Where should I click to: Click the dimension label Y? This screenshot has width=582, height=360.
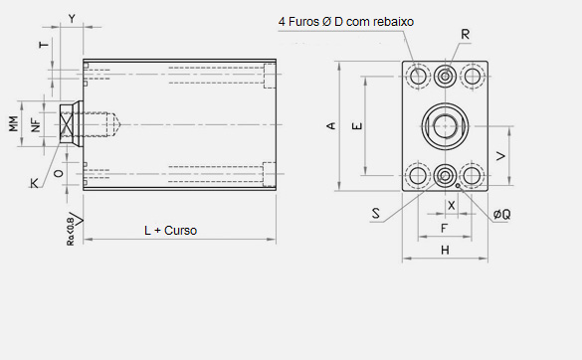click(x=72, y=19)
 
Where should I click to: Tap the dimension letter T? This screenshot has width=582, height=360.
click(x=44, y=45)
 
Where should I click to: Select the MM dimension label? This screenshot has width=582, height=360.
click(x=13, y=124)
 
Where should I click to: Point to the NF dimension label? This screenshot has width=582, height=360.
click(x=36, y=125)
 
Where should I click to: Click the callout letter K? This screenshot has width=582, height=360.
click(x=34, y=183)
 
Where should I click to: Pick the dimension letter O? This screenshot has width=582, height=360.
click(x=59, y=173)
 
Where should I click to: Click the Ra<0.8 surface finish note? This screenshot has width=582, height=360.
click(x=71, y=232)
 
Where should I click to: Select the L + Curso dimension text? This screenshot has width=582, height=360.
click(x=170, y=231)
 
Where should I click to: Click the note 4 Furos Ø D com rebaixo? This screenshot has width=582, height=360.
click(x=346, y=22)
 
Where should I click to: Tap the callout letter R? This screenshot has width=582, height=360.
click(x=465, y=35)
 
